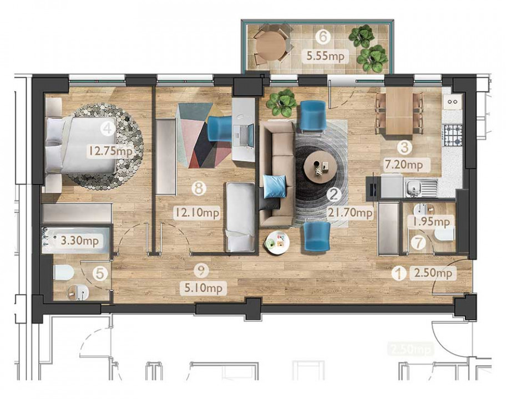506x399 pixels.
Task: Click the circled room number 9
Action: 203,271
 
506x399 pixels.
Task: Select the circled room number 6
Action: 321,37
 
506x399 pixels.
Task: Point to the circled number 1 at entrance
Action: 397,273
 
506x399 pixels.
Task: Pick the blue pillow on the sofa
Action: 275,186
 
